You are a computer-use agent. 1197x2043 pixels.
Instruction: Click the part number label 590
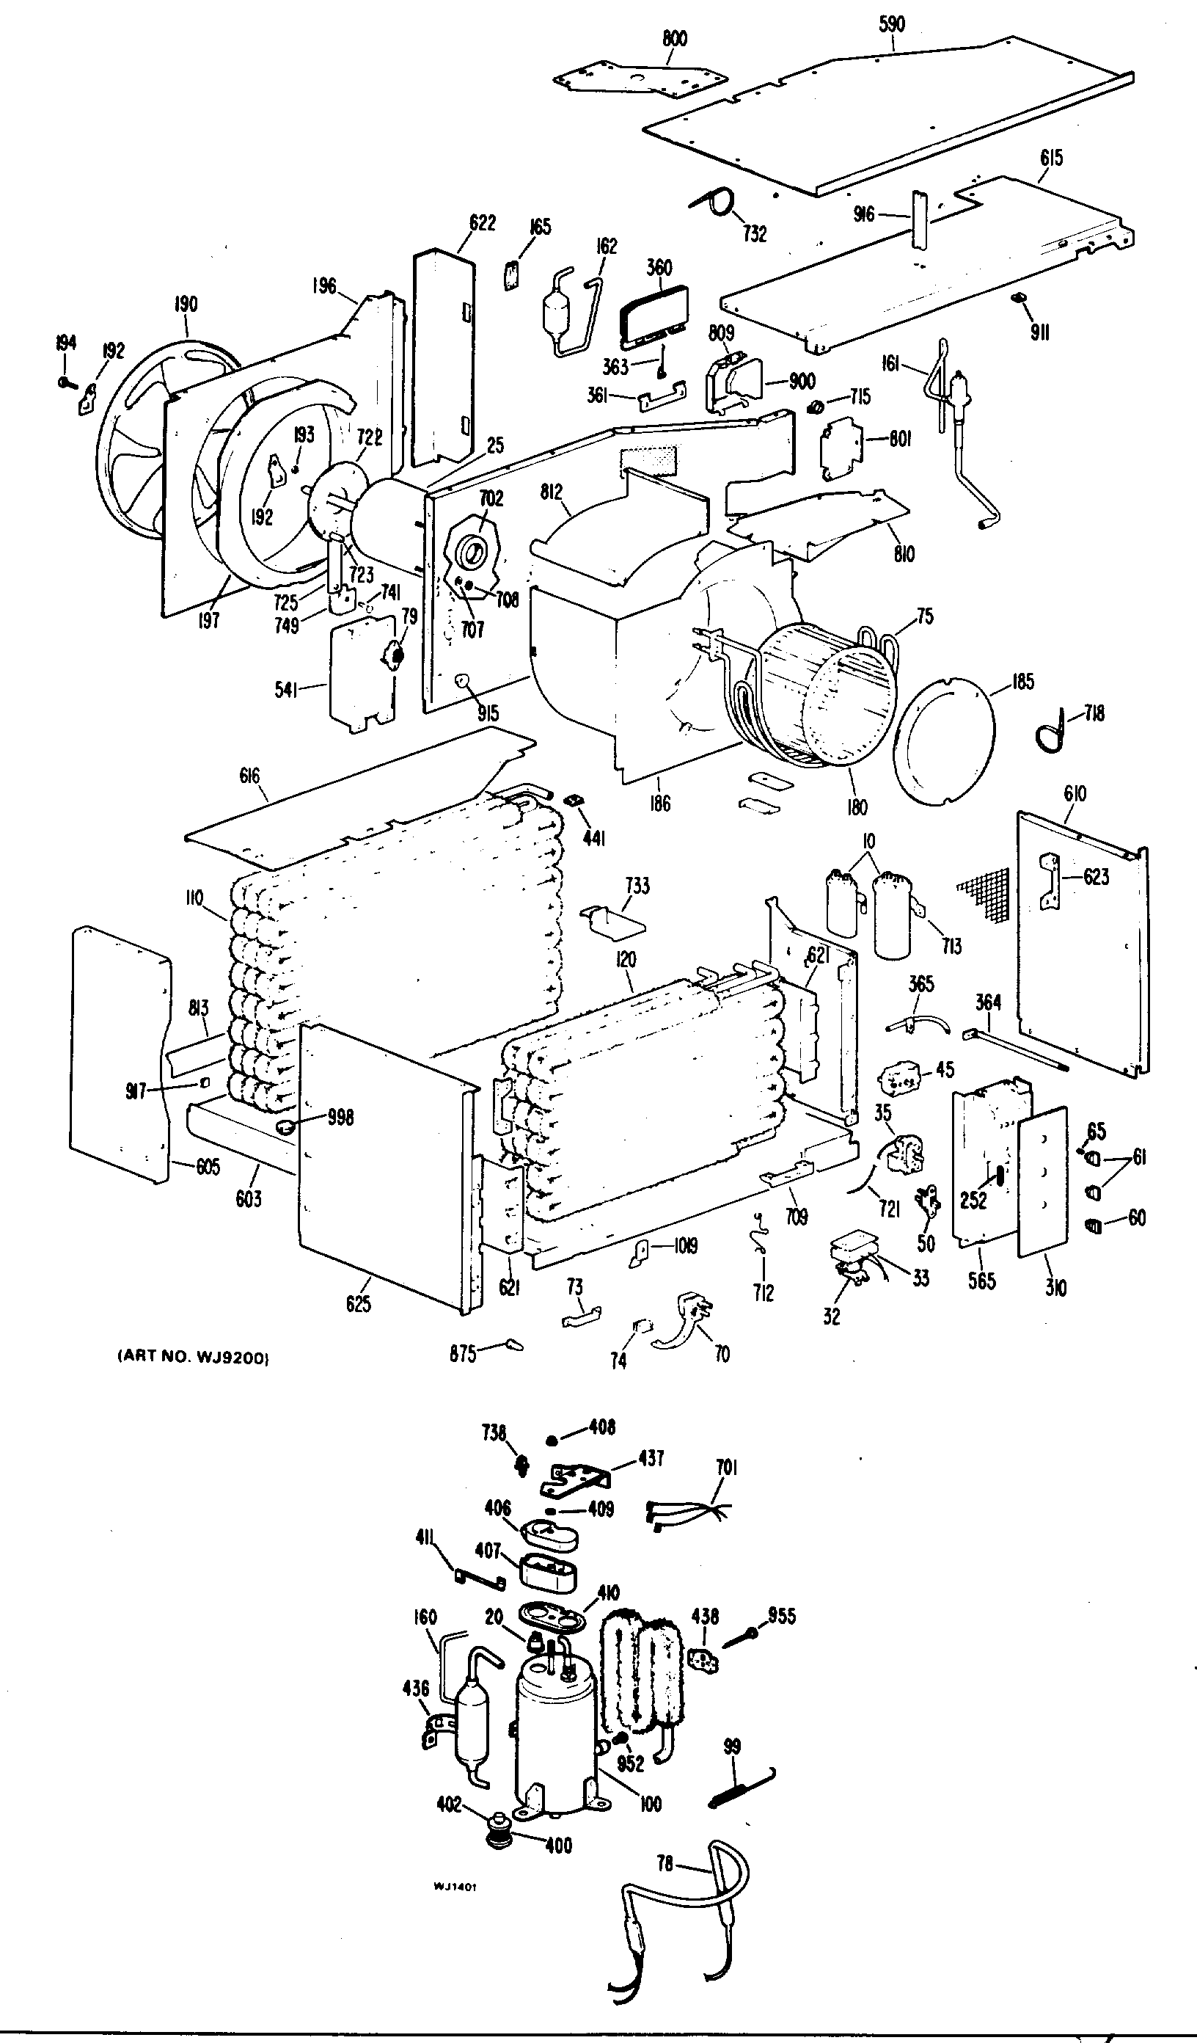coord(891,24)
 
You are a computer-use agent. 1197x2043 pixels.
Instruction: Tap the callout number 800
coord(674,38)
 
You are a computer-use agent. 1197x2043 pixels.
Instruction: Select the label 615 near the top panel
coord(1051,157)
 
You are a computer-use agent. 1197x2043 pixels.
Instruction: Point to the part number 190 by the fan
coord(186,304)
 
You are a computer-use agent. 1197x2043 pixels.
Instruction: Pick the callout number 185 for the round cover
coord(1022,682)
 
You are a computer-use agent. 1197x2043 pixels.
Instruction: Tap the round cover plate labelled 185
coord(944,742)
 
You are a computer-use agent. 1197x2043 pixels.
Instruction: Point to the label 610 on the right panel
coord(1075,794)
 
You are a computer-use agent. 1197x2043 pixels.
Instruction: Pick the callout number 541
coord(286,690)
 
